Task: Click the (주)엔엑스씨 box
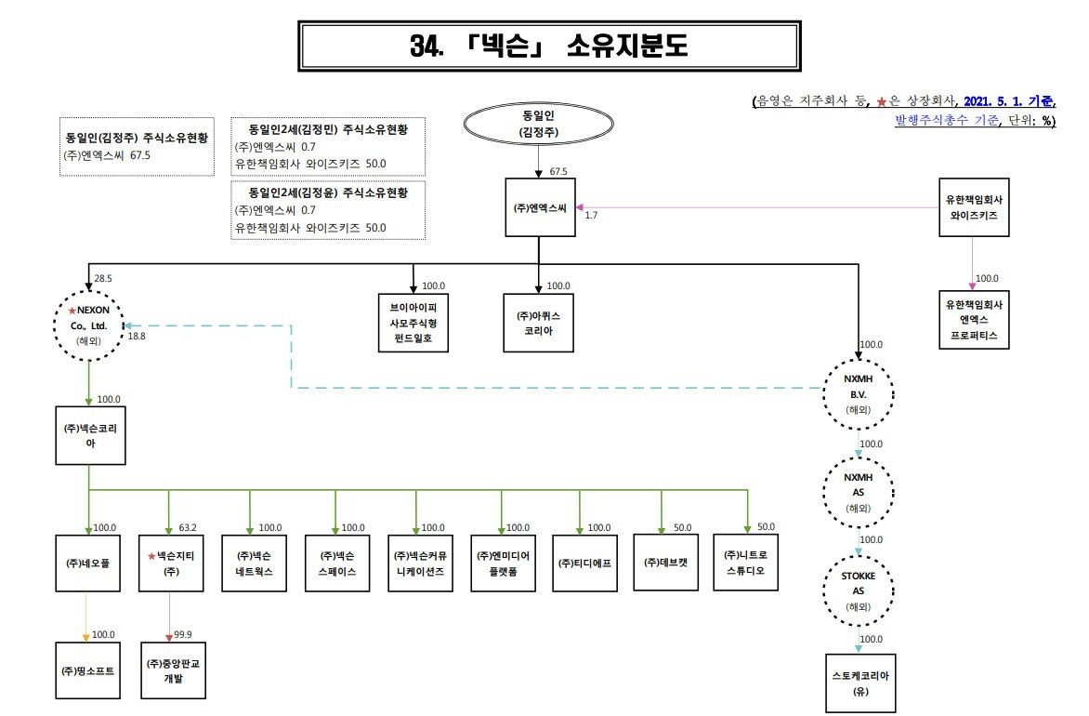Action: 538,208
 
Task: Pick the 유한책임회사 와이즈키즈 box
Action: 973,206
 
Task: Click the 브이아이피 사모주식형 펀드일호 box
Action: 413,323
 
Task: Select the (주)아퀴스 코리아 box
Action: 538,323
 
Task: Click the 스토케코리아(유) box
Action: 859,683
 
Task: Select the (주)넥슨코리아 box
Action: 89,436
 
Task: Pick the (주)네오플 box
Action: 88,563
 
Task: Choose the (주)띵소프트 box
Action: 88,669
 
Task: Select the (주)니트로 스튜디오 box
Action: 746,563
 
